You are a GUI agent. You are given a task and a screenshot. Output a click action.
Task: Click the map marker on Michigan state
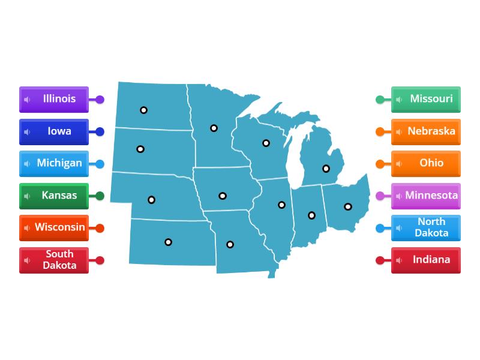pos(326,169)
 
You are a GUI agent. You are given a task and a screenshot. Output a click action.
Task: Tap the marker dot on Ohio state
pos(348,206)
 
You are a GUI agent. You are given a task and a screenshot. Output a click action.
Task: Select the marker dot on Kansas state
pos(169,242)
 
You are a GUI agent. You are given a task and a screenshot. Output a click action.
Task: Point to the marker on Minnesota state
pos(214,128)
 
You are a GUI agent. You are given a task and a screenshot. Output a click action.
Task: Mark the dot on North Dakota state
pos(144,110)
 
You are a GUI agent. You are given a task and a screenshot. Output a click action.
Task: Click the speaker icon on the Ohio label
pos(399,164)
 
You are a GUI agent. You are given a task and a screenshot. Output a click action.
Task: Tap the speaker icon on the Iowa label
pos(27,132)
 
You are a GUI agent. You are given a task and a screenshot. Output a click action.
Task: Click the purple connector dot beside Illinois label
pos(100,100)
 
